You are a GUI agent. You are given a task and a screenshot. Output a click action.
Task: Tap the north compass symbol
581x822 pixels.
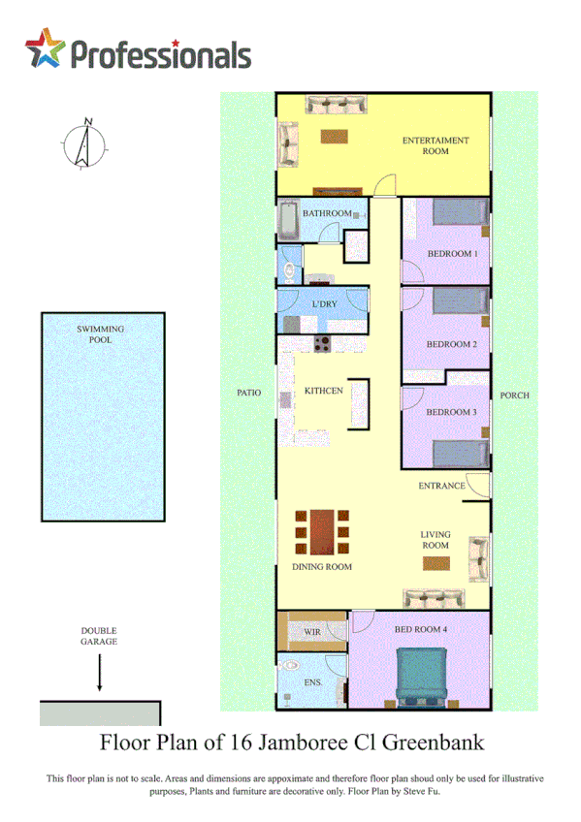tap(83, 145)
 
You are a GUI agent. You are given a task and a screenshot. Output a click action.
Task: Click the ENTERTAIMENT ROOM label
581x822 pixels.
tap(436, 145)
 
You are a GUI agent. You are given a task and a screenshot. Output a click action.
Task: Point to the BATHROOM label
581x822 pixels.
tap(326, 213)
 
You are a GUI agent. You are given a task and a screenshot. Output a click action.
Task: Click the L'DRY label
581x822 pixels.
tap(324, 304)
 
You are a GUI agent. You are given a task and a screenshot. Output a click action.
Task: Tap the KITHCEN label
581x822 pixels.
tap(323, 391)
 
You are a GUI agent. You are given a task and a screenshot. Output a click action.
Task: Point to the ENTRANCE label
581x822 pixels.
tap(442, 485)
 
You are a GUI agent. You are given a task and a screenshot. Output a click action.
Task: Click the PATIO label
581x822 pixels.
tap(249, 393)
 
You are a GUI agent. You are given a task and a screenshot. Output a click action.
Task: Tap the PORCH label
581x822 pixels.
tap(514, 395)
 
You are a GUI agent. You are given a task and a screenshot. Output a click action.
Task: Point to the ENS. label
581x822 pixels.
tap(313, 681)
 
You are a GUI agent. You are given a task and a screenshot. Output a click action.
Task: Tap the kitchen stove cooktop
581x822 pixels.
tap(322, 342)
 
